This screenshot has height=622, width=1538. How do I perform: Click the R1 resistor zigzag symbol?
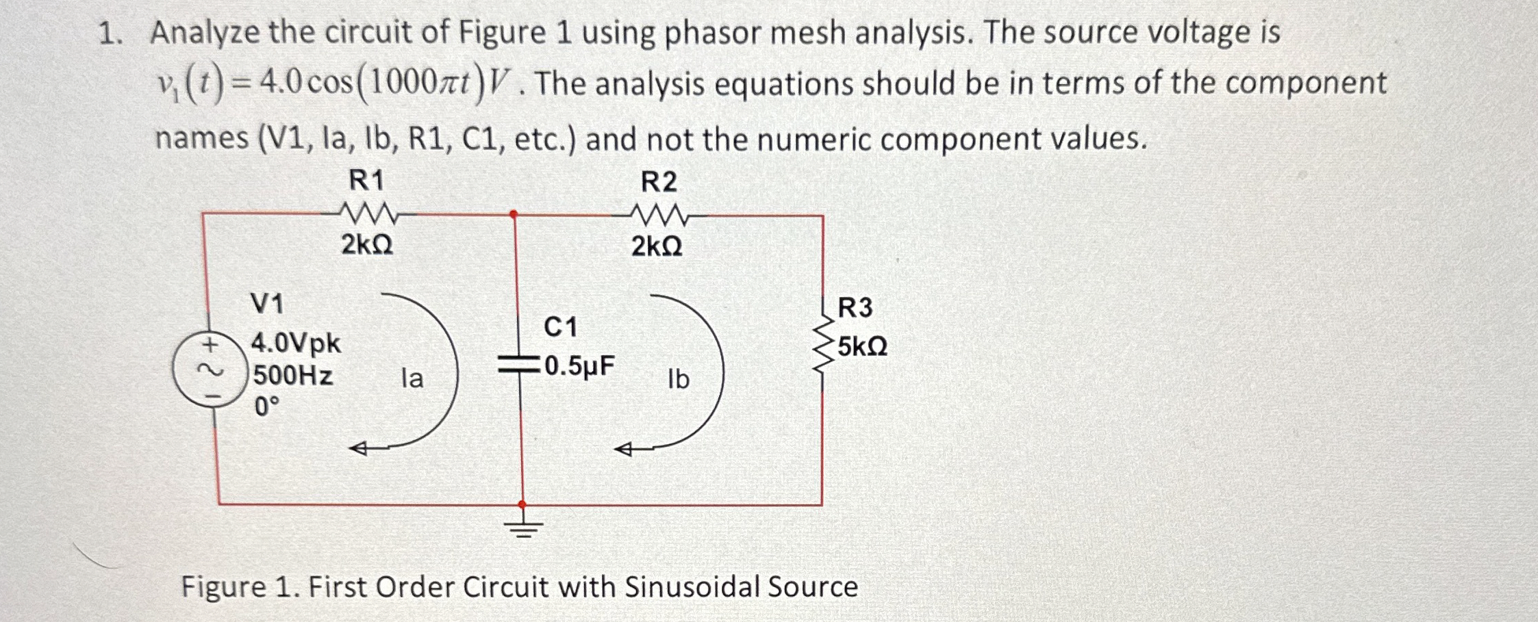pos(368,214)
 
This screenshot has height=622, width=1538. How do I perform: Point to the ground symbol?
pos(524,528)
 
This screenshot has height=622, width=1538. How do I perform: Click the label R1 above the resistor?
pos(367,181)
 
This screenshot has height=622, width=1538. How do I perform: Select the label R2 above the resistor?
pos(659,182)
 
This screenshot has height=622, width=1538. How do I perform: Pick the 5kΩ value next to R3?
pos(862,347)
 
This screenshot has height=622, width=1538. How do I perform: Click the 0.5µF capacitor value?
pos(579,365)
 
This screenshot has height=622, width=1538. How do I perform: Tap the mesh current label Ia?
pos(412,378)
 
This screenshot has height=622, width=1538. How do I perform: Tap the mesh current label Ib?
pos(678,379)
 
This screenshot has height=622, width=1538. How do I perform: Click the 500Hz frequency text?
pos(293,375)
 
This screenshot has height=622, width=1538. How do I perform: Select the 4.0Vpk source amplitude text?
pos(296,342)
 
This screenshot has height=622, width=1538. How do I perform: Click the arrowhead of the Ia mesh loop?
pos(358,449)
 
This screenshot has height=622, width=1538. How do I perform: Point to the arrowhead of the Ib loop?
pos(623,450)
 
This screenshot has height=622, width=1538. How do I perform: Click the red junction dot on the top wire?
pos(514,214)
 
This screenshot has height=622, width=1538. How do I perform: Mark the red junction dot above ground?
pos(523,504)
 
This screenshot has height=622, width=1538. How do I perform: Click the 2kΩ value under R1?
pos(367,244)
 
